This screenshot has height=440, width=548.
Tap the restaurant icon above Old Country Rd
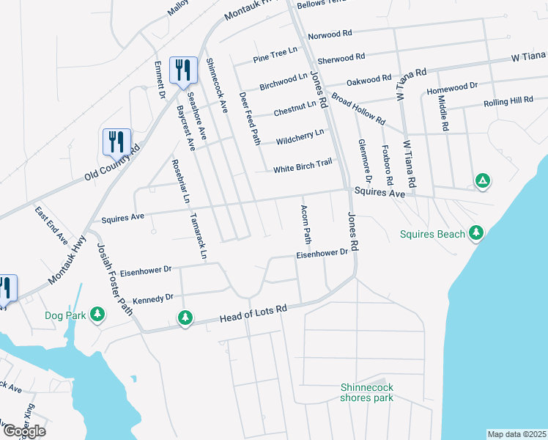[x=116, y=142]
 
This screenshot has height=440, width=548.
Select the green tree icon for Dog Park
[x=97, y=315]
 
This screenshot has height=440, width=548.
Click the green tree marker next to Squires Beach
[x=476, y=232]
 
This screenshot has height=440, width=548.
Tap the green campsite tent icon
[x=482, y=180]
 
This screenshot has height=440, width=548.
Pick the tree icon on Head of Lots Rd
[x=185, y=317]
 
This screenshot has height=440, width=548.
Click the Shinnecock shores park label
[x=366, y=392]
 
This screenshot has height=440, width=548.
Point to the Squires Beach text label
[x=432, y=235]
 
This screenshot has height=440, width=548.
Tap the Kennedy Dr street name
[x=152, y=298]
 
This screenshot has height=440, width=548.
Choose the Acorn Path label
[x=306, y=225]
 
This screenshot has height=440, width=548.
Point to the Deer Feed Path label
[x=250, y=117]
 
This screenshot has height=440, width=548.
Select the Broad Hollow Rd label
[x=358, y=108]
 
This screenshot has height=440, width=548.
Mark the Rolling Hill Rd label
[x=508, y=100]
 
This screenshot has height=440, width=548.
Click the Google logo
[x=23, y=431]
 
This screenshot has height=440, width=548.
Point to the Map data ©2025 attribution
[x=516, y=434]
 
